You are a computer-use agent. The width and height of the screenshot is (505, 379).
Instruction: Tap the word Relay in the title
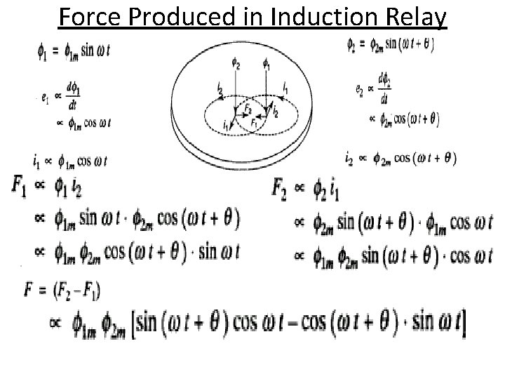click(x=413, y=15)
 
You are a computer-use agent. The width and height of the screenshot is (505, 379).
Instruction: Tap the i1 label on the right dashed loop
click(x=285, y=86)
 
